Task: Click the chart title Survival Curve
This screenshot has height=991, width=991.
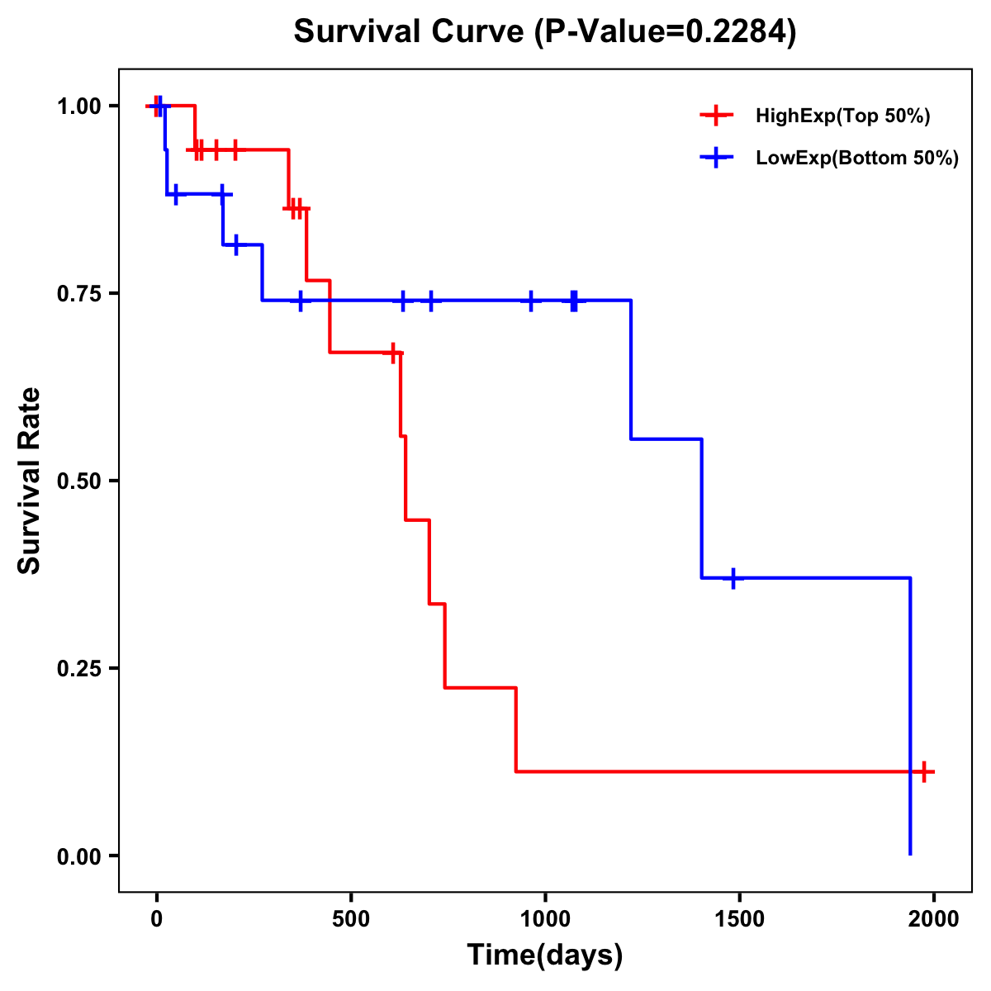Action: (409, 32)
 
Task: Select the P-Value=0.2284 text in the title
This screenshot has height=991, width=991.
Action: (666, 32)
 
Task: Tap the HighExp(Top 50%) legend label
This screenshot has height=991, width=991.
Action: (842, 116)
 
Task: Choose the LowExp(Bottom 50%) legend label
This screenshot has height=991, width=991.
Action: (857, 159)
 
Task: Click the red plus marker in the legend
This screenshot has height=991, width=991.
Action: (716, 116)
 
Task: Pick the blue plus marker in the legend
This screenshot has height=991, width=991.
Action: (716, 159)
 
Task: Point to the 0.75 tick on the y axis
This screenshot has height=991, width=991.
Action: (78, 294)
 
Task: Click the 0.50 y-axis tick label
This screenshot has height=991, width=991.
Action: (78, 481)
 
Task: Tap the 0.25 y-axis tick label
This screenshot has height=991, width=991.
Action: (78, 669)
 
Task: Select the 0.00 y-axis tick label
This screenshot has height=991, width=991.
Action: (78, 856)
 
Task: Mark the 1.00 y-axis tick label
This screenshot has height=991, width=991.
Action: (78, 107)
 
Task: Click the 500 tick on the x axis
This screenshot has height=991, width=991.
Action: (351, 919)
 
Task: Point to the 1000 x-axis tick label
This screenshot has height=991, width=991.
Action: (545, 919)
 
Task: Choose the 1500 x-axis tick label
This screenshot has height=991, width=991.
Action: (739, 919)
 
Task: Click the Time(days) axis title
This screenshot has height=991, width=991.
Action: (545, 955)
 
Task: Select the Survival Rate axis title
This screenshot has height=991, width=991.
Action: (30, 481)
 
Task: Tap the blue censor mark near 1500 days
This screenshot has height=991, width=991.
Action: (733, 578)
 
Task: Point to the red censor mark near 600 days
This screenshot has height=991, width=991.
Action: (393, 353)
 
